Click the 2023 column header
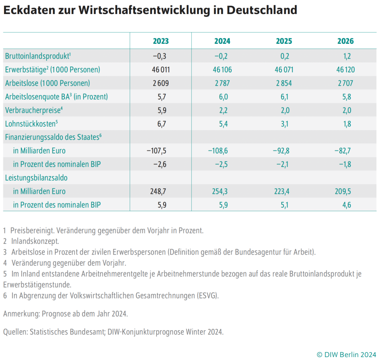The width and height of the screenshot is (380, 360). tap(161, 41)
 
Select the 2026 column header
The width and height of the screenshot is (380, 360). tap(345, 41)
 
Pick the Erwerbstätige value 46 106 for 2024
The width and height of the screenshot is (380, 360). tap(222, 70)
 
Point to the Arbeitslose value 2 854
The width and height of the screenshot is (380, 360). tap(283, 83)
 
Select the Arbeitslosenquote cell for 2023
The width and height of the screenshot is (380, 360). tap(161, 97)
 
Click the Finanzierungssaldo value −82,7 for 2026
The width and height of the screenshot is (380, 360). tap(343, 151)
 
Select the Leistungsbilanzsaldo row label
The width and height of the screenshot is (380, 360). tap(36, 178)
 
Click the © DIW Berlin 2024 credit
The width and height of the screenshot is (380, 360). tap(346, 354)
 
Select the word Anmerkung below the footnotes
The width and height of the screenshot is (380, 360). tap(21, 314)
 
